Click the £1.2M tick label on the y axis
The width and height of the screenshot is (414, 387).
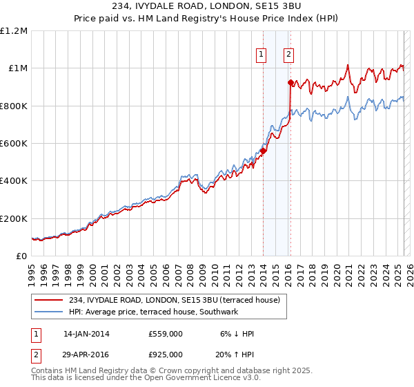[x=14, y=31]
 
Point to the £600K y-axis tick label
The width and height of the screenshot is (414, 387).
[x=14, y=144]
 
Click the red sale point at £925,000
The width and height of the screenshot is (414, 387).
[x=290, y=83]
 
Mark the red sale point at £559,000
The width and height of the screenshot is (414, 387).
[x=264, y=151]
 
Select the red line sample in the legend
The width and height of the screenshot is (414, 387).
[x=49, y=300]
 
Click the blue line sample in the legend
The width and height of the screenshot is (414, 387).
[x=49, y=312]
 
